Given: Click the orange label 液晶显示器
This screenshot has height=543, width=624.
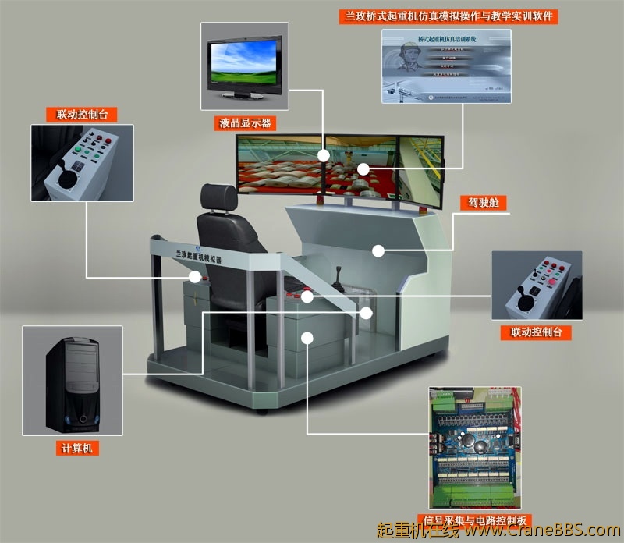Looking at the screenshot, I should pos(245,123).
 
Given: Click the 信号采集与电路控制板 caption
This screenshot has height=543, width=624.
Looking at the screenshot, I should pos(475,520).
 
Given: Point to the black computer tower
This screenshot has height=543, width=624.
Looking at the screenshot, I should pos(72,382).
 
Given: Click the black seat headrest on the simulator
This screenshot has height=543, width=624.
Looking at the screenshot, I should pos(217,198).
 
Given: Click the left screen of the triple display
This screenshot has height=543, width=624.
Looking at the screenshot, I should pos(279,165).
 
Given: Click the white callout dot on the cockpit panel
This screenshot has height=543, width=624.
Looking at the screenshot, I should pos(378,250).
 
